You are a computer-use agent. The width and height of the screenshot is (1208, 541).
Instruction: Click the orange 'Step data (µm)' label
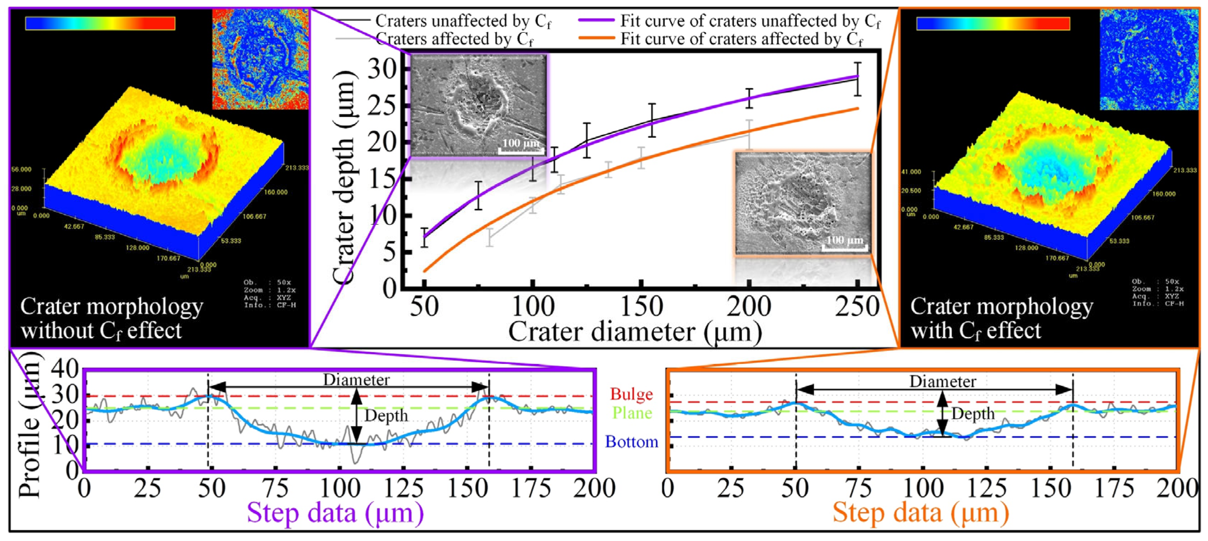(x=920, y=513)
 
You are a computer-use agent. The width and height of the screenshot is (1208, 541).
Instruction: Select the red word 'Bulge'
(x=631, y=394)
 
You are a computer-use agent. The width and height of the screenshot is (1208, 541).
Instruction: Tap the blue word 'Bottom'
(x=631, y=441)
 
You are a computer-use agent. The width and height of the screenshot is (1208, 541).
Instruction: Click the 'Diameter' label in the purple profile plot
(x=356, y=380)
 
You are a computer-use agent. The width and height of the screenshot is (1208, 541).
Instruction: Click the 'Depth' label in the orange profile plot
(x=972, y=414)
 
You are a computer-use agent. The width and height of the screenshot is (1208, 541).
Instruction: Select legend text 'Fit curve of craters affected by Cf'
(x=741, y=39)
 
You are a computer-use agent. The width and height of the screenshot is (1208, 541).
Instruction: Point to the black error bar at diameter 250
(x=857, y=79)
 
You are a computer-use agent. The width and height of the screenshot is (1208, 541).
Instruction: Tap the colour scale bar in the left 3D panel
(x=100, y=23)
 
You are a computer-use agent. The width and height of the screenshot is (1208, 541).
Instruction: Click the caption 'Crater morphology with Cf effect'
(x=1001, y=318)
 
